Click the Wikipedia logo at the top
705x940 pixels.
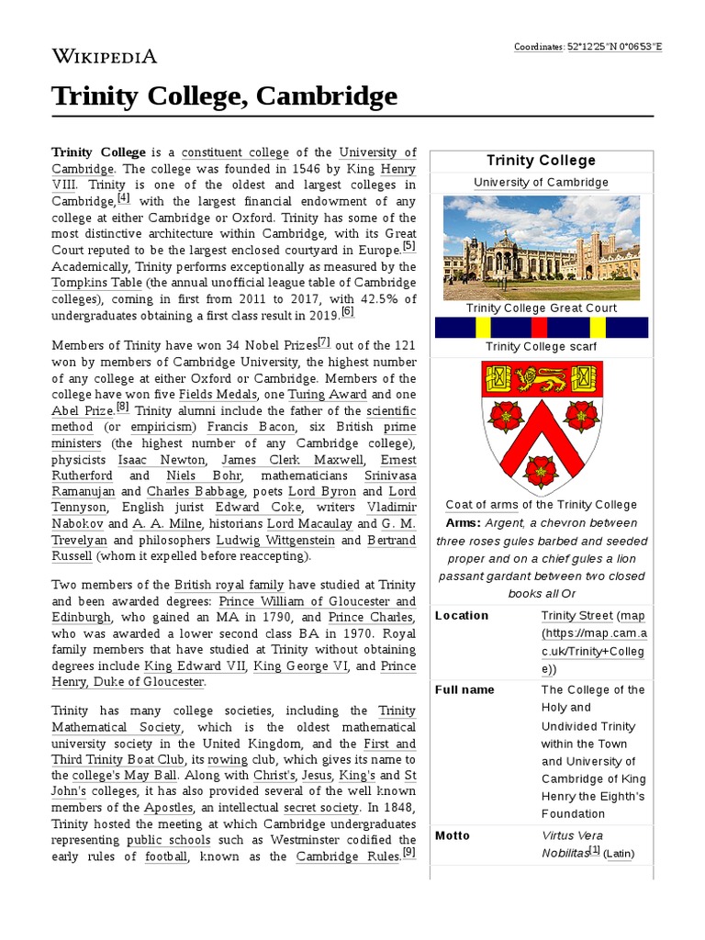tap(104, 56)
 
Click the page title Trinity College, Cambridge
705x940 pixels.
tap(224, 95)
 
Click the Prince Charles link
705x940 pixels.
tap(372, 618)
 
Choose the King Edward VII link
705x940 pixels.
tap(196, 666)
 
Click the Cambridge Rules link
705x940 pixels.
tap(348, 856)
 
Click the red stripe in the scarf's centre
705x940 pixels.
tap(540, 328)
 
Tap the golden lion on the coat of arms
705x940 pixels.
tap(542, 377)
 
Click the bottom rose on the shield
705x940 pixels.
tap(541, 470)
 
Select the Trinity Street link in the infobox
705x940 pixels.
tap(576, 615)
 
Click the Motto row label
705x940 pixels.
tap(452, 835)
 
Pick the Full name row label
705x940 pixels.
tap(464, 689)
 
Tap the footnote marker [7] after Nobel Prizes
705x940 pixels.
tap(323, 342)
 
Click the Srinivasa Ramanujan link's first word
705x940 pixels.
tap(390, 476)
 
